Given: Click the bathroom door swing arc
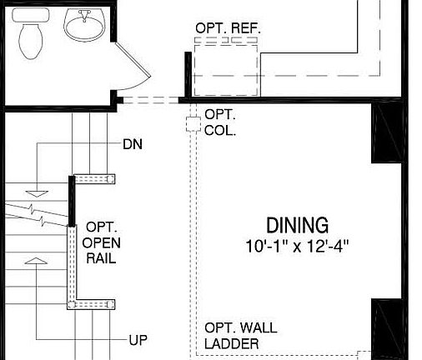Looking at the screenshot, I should point(133,67).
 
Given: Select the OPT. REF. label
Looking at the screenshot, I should point(228,28).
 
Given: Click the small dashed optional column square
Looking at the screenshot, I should point(193,124).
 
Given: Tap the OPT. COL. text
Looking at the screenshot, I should point(219,123).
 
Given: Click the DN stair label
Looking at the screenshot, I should point(132,144).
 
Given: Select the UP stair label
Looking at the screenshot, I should point(138,340).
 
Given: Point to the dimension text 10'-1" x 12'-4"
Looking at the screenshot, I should point(296,247).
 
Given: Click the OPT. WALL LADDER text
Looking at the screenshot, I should point(241,335).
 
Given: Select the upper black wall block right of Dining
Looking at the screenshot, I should point(387,133).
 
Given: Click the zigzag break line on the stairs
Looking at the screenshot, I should point(38,212).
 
